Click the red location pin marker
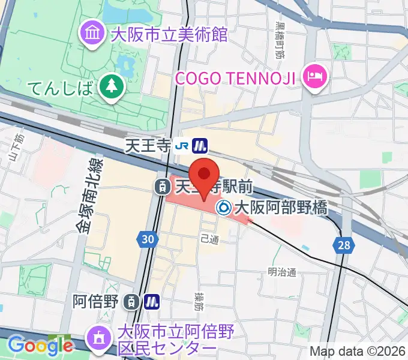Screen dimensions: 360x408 [205, 175]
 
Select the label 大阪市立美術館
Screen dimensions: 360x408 [169, 33]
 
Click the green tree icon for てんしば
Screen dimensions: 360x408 [111, 87]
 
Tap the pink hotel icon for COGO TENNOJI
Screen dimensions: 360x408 [314, 76]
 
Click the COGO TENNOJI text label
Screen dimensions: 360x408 [238, 77]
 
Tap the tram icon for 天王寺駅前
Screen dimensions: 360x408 [162, 187]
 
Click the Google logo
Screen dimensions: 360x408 [40, 345]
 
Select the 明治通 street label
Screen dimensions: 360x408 [282, 272]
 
